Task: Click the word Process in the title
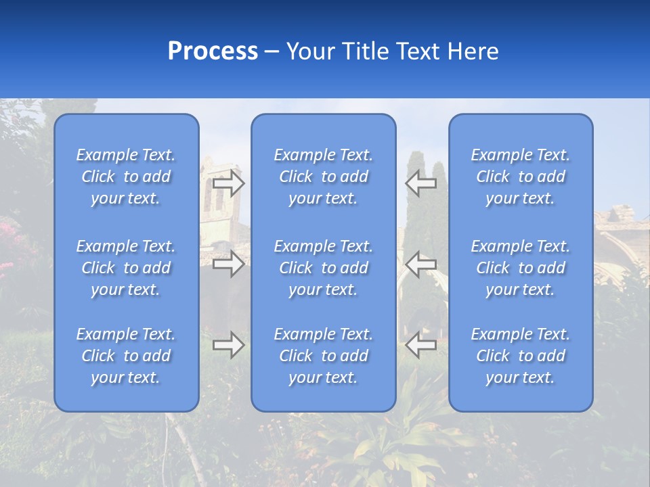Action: tap(213, 51)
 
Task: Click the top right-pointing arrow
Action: tap(228, 183)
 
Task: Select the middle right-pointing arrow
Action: tap(228, 263)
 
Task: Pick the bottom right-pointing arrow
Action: tap(228, 345)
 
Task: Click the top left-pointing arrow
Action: tap(420, 183)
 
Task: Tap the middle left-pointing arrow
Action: tap(420, 263)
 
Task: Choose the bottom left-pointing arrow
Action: tap(420, 345)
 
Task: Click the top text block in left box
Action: tap(126, 177)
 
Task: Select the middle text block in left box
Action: tap(126, 268)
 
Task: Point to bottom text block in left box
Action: tap(126, 356)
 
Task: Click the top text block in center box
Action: tap(323, 177)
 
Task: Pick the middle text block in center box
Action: tap(323, 268)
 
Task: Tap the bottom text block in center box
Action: tap(323, 356)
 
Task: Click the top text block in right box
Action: tap(520, 177)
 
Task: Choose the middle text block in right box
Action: tap(520, 268)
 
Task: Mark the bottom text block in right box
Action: tap(520, 356)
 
